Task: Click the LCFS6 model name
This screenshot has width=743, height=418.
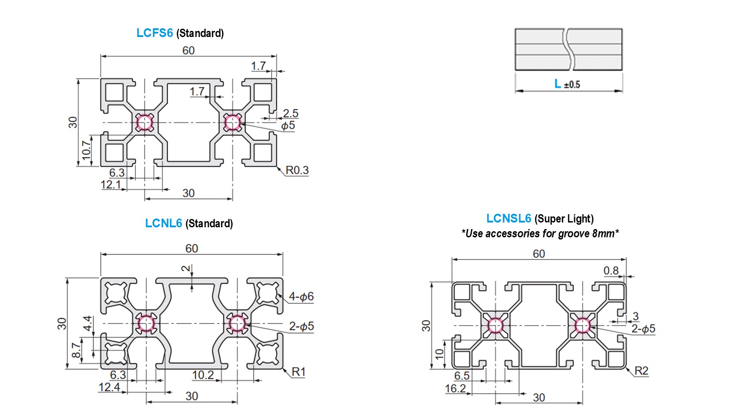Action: coord(155,33)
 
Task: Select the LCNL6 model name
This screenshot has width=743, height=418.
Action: coord(163,223)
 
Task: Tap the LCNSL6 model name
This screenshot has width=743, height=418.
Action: coord(508,219)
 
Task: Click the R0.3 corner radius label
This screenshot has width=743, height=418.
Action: coord(297,170)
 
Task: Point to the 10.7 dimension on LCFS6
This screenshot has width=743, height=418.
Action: coord(87,149)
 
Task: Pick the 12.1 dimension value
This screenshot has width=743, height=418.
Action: coord(111,185)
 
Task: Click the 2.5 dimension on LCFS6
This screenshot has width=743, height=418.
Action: coord(290,114)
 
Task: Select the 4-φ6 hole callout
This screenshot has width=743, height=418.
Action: coord(301,297)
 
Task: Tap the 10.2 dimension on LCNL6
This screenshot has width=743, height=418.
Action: coord(203,375)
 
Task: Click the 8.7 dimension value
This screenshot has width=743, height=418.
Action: coord(77,351)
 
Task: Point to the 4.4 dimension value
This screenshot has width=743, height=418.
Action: coord(87,323)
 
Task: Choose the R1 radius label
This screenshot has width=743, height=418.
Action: coord(299,372)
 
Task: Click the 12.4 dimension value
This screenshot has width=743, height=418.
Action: coord(109,387)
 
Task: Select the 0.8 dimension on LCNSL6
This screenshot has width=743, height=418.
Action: coord(611,271)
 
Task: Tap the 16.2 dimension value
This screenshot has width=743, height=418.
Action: coord(455,388)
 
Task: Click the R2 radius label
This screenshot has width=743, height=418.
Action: coord(641,371)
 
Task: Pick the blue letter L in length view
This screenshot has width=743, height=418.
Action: coord(558,84)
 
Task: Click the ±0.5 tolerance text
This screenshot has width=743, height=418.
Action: coord(572,85)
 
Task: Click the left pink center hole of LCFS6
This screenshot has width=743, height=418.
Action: coord(145,122)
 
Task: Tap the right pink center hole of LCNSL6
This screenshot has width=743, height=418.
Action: coord(582,325)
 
